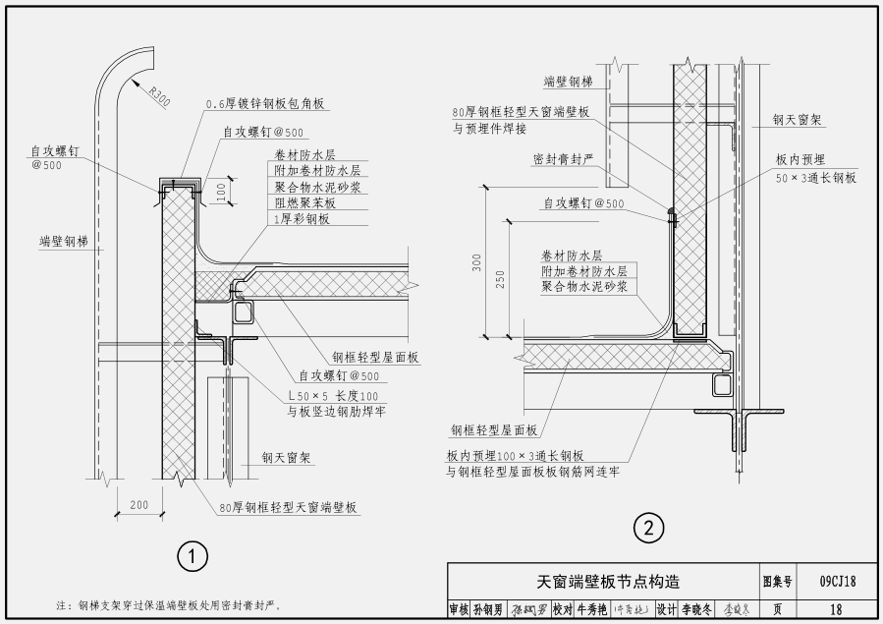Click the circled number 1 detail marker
[x=193, y=557]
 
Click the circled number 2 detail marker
[x=647, y=529]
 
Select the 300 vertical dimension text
[x=477, y=263]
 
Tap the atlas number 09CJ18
[x=837, y=582]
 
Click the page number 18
[x=837, y=609]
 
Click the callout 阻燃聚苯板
[x=302, y=202]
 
